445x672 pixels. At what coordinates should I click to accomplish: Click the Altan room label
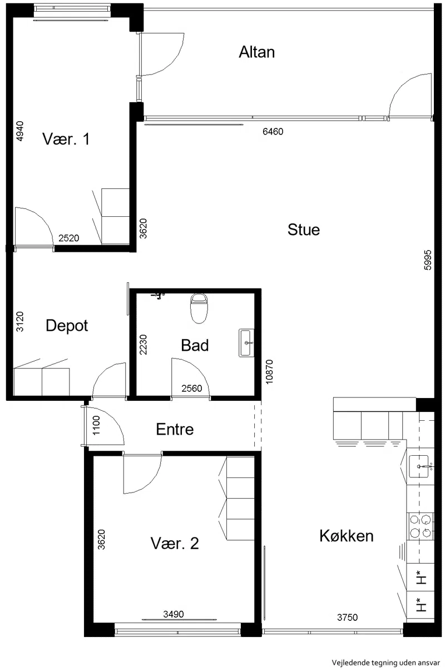tap(257, 52)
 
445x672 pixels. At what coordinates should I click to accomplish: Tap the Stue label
tap(304, 230)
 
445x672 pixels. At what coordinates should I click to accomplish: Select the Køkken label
tap(347, 536)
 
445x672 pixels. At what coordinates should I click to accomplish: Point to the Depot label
tap(67, 326)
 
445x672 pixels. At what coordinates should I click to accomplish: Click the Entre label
tap(175, 429)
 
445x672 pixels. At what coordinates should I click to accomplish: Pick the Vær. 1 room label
tap(66, 139)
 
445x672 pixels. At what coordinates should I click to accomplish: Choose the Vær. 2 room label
tap(175, 543)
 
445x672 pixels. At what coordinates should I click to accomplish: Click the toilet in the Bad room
tap(199, 308)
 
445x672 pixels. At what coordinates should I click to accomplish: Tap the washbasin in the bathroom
tap(246, 343)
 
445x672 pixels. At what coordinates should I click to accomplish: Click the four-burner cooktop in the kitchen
tap(421, 526)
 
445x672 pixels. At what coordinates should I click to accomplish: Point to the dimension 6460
tap(273, 132)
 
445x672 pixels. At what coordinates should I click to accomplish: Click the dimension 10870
tap(269, 372)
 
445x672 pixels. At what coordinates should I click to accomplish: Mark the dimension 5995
tap(428, 260)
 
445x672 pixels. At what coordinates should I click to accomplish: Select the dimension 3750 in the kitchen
tap(348, 618)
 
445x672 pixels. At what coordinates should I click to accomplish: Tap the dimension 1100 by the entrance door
tap(96, 425)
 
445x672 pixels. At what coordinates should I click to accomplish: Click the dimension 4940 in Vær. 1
tap(19, 131)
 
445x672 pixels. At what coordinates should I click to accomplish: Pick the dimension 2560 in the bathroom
tap(191, 389)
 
